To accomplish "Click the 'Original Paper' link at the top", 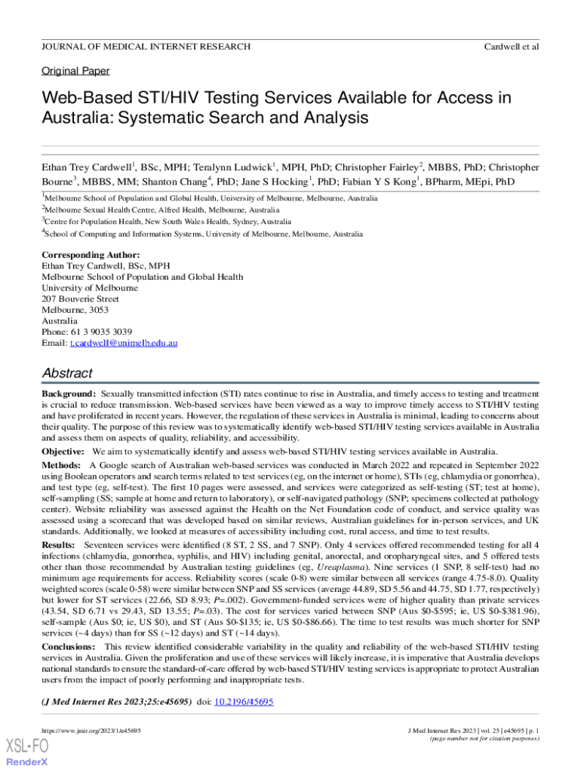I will [75, 71].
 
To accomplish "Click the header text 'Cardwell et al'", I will [511, 47].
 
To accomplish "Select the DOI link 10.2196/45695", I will [244, 701].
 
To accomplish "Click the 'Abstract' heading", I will [66, 373].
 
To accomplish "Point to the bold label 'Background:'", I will [69, 394].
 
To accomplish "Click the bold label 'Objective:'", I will [64, 452].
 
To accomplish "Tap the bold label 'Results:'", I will [58, 544].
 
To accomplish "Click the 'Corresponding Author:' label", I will [91, 256].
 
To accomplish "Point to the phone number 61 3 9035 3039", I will [102, 332].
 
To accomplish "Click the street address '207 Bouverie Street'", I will [80, 299].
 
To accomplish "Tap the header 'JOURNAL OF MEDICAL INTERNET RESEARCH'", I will [146, 47].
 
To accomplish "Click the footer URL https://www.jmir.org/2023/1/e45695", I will [91, 731].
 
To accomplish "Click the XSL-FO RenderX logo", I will [27, 751].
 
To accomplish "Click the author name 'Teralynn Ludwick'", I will [235, 167].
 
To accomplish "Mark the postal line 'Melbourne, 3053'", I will [75, 310].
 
